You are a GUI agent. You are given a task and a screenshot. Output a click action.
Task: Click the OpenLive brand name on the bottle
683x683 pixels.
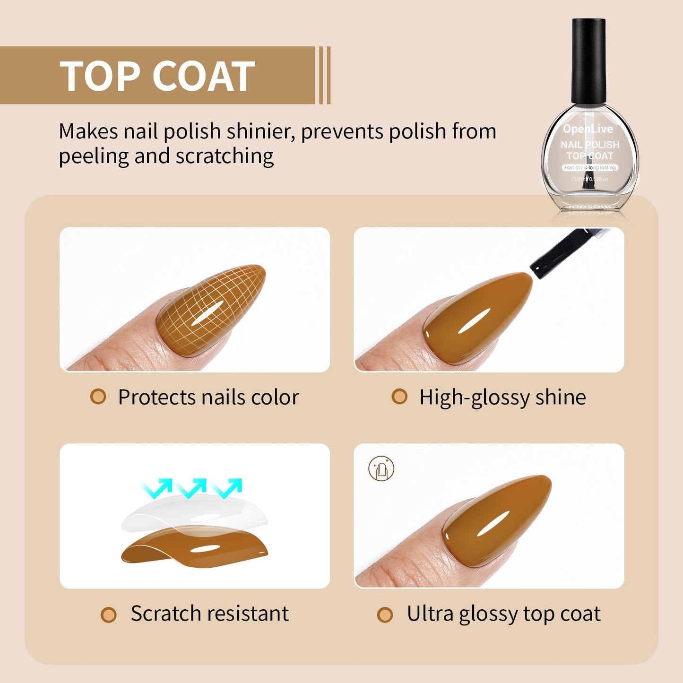coord(588,129)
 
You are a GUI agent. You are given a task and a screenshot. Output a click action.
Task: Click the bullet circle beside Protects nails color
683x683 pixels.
coord(98,397)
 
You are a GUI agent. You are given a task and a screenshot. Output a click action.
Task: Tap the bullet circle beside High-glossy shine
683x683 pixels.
coord(399,397)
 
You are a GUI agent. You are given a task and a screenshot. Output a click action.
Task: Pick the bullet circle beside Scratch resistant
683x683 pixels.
coord(109,614)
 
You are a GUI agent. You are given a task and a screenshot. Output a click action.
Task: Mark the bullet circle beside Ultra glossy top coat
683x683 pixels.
coord(385,614)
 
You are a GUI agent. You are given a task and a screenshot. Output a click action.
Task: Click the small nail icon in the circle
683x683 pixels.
coord(381,469)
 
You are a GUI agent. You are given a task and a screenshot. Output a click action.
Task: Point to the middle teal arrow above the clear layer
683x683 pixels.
coord(191,487)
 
